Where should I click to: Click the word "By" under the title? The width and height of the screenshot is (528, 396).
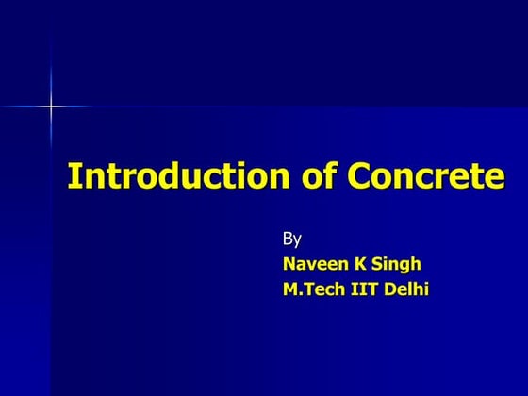pos(292,238)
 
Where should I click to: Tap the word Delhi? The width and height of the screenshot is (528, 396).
pos(408,289)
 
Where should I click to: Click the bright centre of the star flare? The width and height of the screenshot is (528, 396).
pos(51,107)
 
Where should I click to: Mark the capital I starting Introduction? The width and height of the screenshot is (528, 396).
pos(73,176)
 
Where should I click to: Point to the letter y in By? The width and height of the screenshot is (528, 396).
pos(298,239)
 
